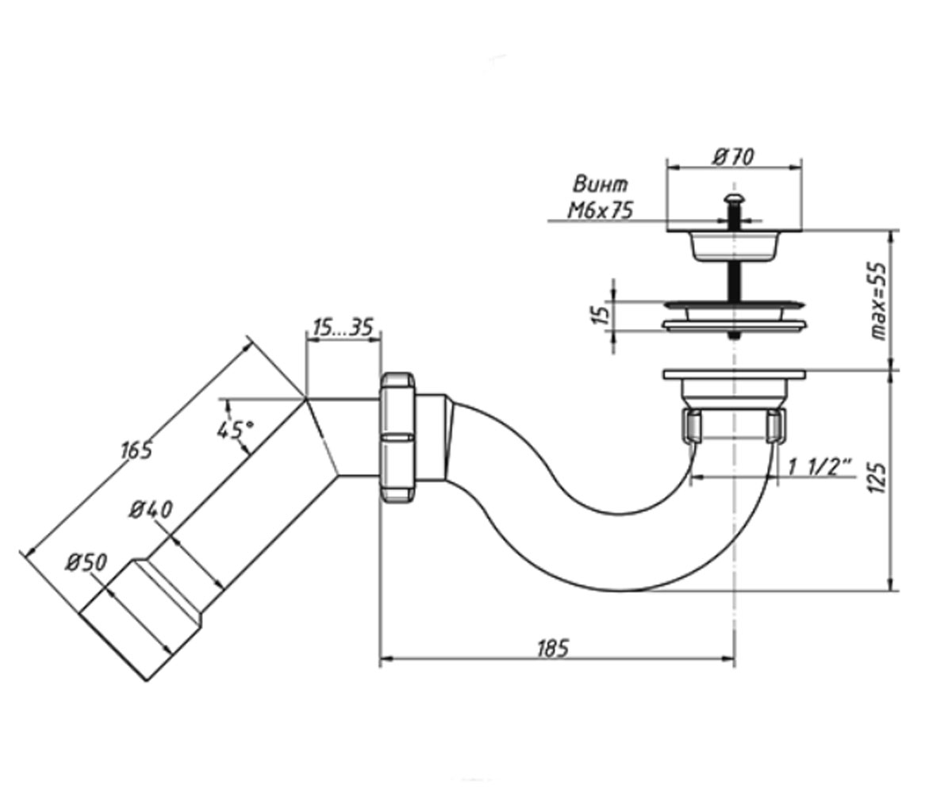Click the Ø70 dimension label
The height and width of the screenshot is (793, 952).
(733, 157)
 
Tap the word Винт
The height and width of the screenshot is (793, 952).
(600, 185)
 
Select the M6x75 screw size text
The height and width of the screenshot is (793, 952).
(600, 211)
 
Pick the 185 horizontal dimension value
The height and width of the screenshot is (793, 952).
(553, 649)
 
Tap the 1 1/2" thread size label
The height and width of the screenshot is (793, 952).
(820, 467)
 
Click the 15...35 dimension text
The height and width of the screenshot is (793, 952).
(344, 328)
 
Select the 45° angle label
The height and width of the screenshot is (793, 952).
(236, 429)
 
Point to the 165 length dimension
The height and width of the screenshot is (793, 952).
(136, 450)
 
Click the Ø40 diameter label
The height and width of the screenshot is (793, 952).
(151, 510)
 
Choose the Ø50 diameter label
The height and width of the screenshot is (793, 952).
(86, 562)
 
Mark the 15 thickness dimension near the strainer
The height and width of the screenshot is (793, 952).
(602, 315)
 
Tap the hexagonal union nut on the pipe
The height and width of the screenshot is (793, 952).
(397, 437)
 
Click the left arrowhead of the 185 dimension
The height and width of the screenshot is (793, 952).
(386, 658)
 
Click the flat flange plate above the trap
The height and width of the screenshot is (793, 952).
(734, 374)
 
